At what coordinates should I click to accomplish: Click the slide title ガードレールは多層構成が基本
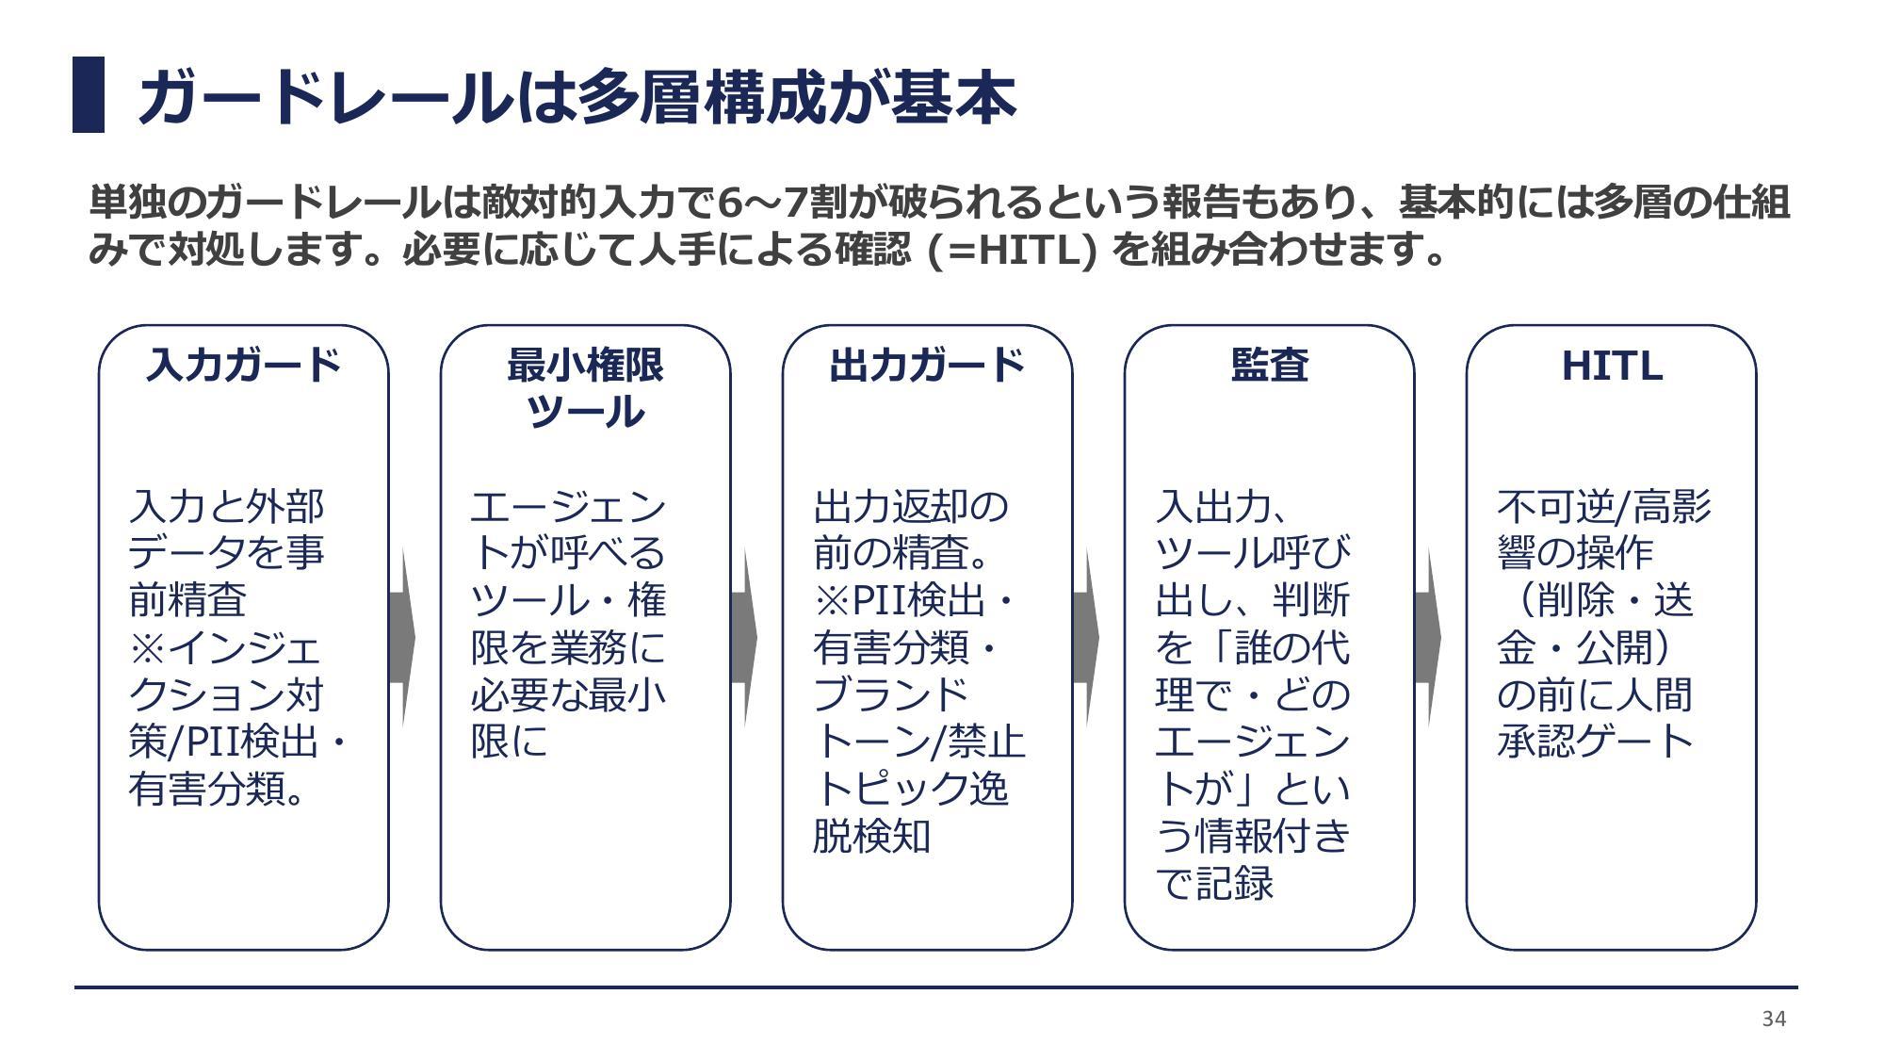pos(577,96)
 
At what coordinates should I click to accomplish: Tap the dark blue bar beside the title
pos(89,95)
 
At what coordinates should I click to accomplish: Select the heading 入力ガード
pos(243,365)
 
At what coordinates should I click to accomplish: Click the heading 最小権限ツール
pos(585,387)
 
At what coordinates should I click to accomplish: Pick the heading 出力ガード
pos(927,365)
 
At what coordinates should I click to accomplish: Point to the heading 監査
pos(1269,365)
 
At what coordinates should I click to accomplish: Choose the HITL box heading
pos(1612,366)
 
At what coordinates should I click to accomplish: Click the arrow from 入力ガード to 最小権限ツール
pos(402,639)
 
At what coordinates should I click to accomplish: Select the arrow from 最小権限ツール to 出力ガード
pos(744,639)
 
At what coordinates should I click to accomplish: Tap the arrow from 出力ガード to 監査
pos(1086,639)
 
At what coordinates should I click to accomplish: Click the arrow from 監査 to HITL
pos(1428,639)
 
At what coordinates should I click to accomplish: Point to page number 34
pos(1774,1019)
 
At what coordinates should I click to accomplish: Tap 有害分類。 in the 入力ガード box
pos(218,789)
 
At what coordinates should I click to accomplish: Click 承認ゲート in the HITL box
pos(1596,742)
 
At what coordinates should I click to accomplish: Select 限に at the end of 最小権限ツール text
pos(510,742)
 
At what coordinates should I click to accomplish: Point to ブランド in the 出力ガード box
pos(891,694)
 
